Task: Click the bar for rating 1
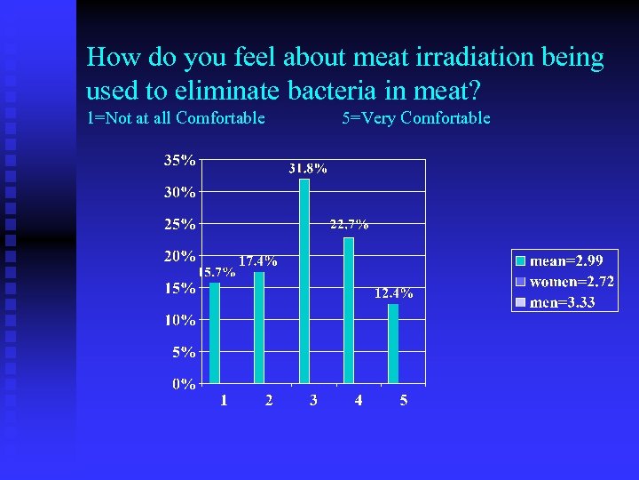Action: (215, 333)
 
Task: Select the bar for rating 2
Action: (259, 328)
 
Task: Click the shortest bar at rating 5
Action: (393, 344)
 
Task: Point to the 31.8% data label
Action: (307, 168)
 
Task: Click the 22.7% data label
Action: (349, 225)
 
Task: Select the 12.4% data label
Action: (393, 293)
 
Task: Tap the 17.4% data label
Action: (257, 261)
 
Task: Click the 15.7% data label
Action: (216, 273)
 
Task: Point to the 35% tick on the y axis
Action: (180, 161)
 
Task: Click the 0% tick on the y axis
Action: (184, 384)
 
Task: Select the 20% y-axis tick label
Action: (180, 256)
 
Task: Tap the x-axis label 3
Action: (313, 401)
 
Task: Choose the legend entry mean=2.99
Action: (566, 261)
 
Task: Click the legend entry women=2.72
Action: (572, 282)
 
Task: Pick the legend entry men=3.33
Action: (562, 303)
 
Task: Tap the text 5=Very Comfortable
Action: (415, 118)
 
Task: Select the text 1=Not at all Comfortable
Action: (176, 118)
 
